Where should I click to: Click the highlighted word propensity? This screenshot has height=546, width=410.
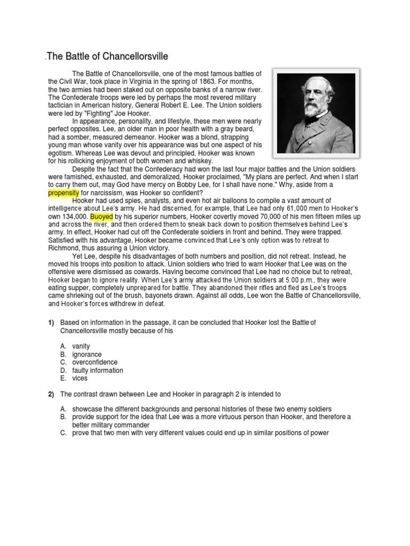pos(64,192)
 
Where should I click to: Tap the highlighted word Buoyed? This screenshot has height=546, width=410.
pos(101,217)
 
